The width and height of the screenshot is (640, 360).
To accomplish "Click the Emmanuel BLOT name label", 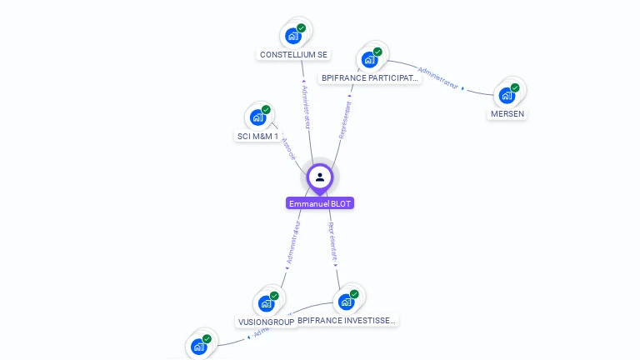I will [x=320, y=203].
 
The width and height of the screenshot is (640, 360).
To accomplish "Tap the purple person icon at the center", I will [x=320, y=177].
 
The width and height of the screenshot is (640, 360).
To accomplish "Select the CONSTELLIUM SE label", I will [x=293, y=55].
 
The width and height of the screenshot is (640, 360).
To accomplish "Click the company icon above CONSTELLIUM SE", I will [x=292, y=36].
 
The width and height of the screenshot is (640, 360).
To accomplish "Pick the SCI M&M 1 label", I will [x=257, y=136].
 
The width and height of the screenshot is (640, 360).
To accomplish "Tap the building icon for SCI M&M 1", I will [x=257, y=117].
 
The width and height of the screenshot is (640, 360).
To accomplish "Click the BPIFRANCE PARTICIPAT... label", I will [x=370, y=78].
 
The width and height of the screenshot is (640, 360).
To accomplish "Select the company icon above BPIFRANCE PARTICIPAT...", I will [x=369, y=60].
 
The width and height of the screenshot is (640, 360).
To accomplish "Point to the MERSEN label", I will [x=507, y=113].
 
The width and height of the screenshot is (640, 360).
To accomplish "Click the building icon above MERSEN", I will [x=507, y=95].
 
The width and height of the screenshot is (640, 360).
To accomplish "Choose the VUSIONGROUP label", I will [x=267, y=322].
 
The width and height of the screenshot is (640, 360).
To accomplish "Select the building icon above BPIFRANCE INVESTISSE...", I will [x=346, y=302].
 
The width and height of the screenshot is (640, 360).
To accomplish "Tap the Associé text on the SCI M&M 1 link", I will [x=288, y=148].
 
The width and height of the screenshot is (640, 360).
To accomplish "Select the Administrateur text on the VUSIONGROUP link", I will [x=292, y=242].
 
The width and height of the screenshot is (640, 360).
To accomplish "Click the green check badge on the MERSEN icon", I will [x=515, y=87].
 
